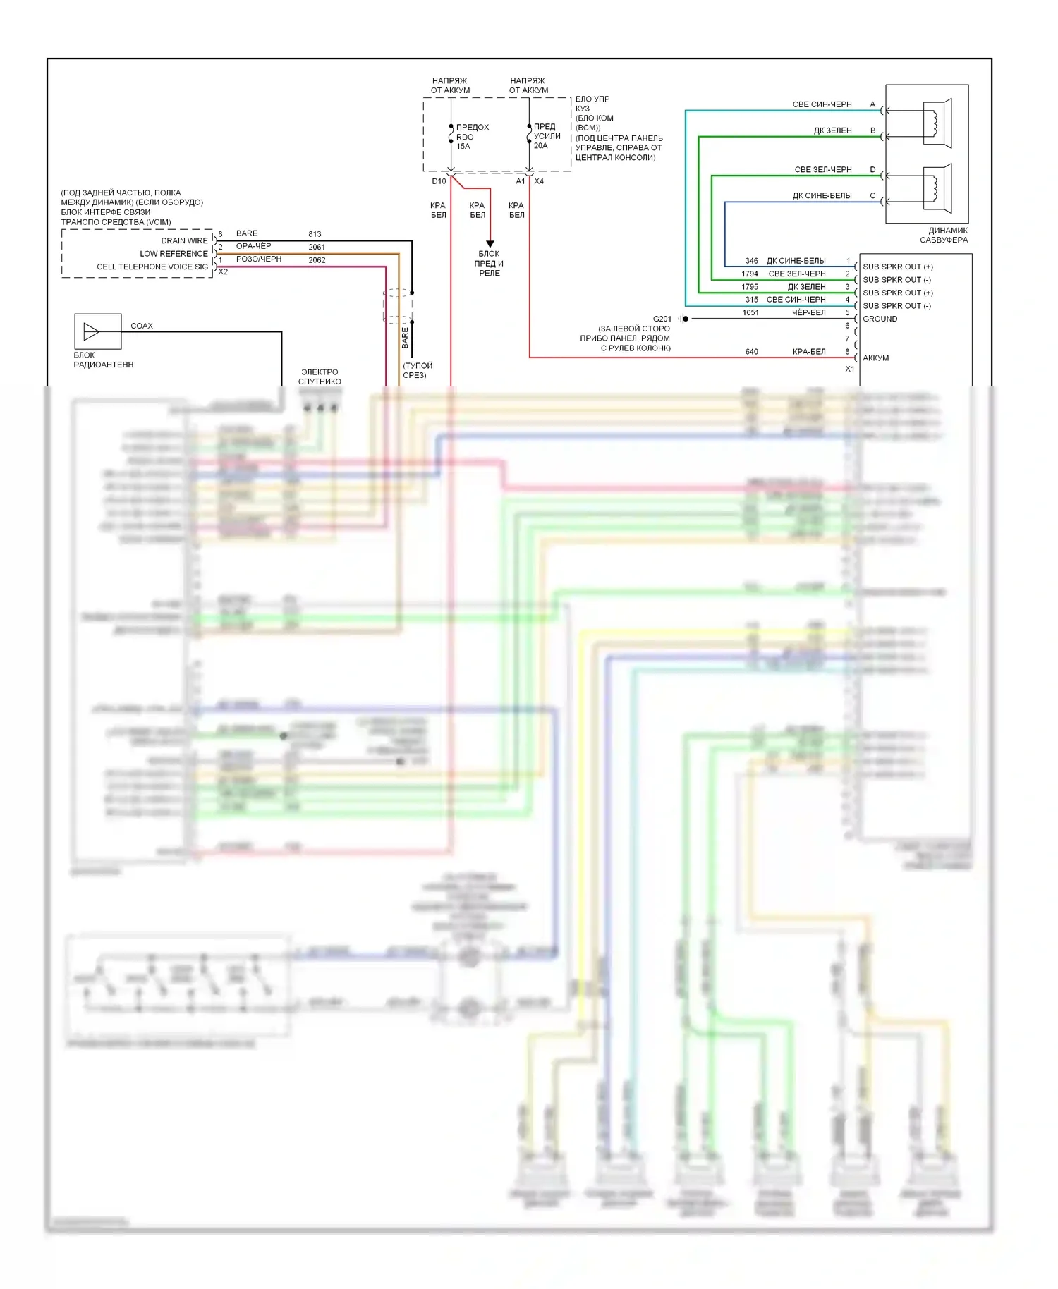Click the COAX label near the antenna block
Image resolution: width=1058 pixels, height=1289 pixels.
coord(142,326)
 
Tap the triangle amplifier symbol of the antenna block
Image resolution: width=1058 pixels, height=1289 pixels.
coord(91,331)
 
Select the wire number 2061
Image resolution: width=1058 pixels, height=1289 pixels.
coord(317,247)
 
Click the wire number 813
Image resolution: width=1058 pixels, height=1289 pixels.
coord(315,234)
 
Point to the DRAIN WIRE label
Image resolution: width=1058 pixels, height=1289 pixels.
coord(184,240)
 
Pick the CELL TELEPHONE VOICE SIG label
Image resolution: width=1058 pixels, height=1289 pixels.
coord(152,267)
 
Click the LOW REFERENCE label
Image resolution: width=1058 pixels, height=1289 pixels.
coord(174,254)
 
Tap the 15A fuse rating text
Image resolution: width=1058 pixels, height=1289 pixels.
coord(463,147)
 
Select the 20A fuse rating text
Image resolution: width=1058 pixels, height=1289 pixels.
coord(540,145)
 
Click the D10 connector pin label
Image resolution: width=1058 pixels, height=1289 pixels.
coord(439,181)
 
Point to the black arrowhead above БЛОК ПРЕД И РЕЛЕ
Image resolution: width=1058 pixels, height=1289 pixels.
coord(490,244)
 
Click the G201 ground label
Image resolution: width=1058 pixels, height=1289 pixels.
coord(662,319)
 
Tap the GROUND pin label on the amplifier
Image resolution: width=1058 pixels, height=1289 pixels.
coord(880,319)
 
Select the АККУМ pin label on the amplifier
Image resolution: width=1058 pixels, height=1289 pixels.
coord(875,358)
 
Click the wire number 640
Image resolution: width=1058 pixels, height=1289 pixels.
coord(751,352)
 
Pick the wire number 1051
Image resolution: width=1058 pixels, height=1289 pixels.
coord(750,312)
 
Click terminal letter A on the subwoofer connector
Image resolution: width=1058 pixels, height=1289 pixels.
coord(872,104)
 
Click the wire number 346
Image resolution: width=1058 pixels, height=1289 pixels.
coord(751,261)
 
